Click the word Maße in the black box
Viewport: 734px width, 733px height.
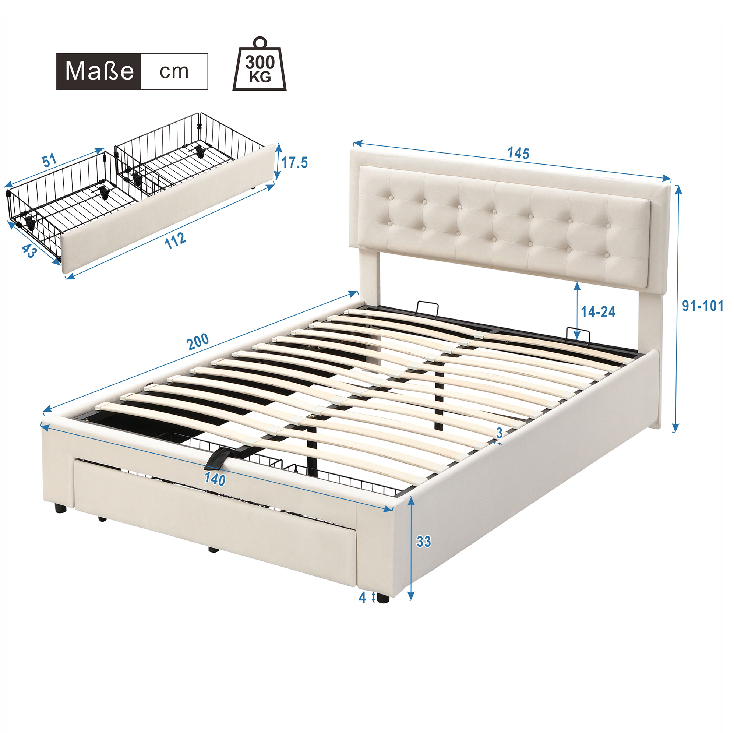click(x=99, y=71)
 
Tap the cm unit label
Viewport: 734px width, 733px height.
click(x=174, y=71)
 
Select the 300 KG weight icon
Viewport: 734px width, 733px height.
click(x=260, y=64)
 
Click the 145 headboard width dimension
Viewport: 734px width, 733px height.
click(x=518, y=153)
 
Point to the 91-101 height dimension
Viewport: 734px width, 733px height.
click(x=702, y=306)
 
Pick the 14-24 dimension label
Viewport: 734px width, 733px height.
click(x=598, y=312)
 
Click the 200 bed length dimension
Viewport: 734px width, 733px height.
click(x=198, y=342)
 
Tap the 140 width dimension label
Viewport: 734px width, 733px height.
click(x=215, y=479)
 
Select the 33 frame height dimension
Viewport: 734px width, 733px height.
click(x=424, y=542)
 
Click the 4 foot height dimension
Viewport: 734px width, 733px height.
click(x=363, y=598)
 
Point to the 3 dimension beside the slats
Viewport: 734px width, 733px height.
click(x=499, y=433)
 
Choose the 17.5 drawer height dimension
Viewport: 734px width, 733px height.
click(x=294, y=163)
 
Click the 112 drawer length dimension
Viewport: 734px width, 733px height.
click(x=175, y=240)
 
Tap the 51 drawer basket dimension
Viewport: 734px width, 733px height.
click(x=50, y=161)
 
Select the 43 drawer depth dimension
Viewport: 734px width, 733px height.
click(x=29, y=251)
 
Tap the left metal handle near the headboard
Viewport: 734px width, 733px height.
click(x=428, y=308)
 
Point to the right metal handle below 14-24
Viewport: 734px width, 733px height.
click(x=578, y=334)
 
